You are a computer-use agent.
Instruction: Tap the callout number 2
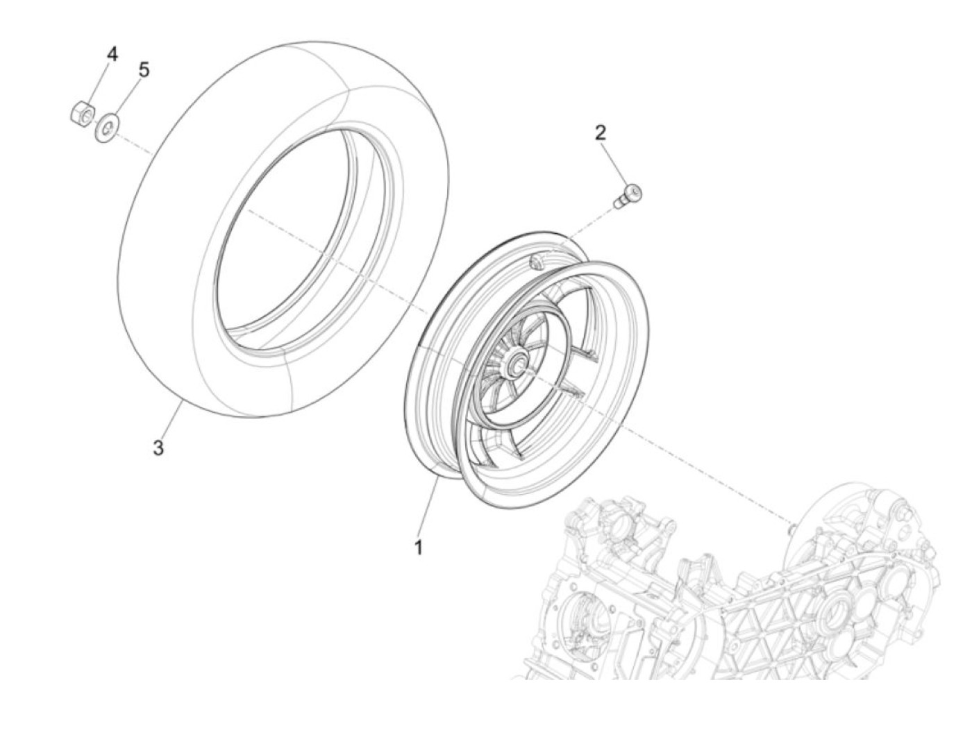pyautogui.click(x=601, y=132)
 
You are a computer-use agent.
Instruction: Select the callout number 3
pyautogui.click(x=158, y=448)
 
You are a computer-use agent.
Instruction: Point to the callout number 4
pyautogui.click(x=112, y=53)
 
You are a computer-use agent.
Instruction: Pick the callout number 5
pyautogui.click(x=144, y=69)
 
